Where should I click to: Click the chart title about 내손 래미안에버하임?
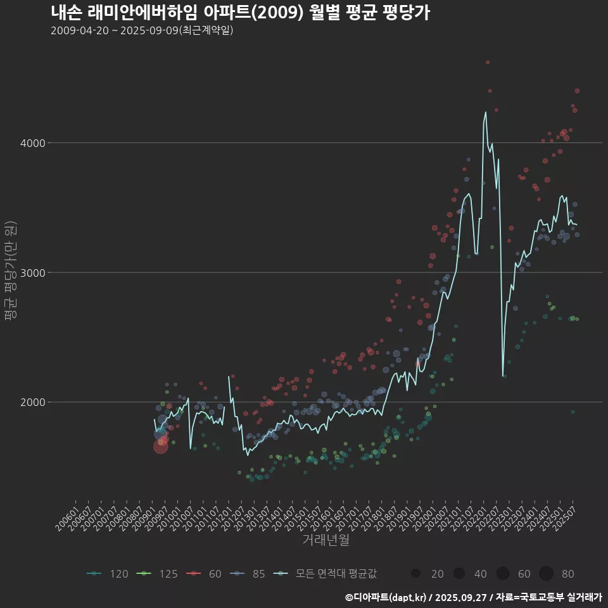click(x=240, y=13)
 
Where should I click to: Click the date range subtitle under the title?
click(x=142, y=30)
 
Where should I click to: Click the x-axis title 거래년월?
click(x=326, y=540)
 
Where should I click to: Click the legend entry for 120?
click(x=107, y=574)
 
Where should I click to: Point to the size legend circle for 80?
click(x=547, y=574)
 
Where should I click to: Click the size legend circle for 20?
click(x=415, y=574)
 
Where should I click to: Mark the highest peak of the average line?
click(x=486, y=112)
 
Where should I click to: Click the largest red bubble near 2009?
click(x=160, y=447)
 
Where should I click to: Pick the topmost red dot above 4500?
click(x=487, y=62)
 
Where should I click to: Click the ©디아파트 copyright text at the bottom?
click(x=473, y=597)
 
